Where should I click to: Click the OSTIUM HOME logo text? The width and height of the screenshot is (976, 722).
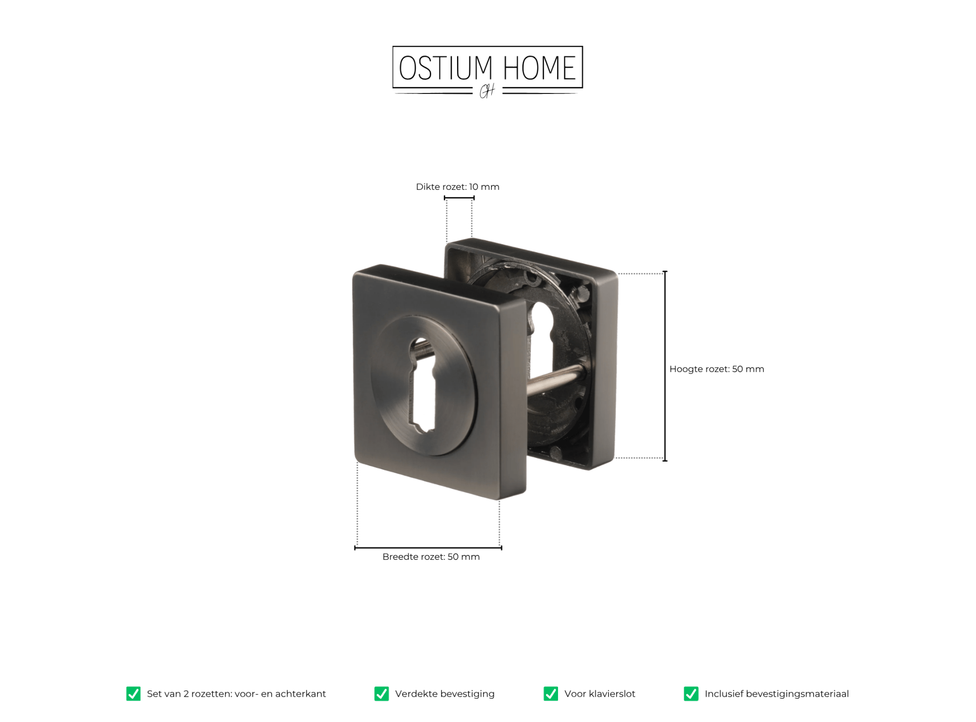(x=487, y=68)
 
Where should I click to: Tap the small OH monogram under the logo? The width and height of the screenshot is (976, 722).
(x=487, y=91)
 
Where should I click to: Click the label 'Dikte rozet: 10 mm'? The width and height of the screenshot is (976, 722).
(x=457, y=186)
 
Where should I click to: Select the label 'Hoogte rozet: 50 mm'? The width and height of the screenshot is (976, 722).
(x=717, y=369)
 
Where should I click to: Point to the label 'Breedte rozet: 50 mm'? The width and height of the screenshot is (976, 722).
(x=431, y=557)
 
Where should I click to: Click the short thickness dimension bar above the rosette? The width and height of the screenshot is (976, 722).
(x=459, y=197)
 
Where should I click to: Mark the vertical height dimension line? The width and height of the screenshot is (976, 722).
(x=665, y=366)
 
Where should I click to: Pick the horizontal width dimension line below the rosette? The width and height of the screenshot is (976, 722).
(x=428, y=548)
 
